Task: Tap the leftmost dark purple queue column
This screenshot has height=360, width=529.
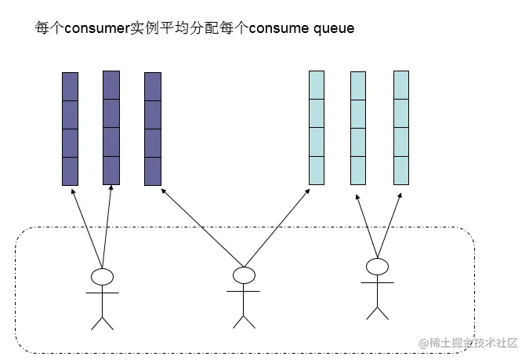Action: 71,129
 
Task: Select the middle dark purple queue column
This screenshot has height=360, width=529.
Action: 111,128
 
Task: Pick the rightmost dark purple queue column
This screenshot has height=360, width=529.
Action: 153,129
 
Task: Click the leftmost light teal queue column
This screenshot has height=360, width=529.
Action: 317,128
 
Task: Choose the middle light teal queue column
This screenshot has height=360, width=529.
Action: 358,128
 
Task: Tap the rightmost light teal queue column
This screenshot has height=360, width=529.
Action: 401,128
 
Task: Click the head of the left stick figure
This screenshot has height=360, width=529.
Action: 102,276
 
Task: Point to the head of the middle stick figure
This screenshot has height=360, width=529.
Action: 244,275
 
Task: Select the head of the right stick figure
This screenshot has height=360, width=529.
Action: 378,267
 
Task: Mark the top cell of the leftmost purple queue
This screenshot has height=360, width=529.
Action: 71,86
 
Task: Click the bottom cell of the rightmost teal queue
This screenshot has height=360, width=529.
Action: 401,170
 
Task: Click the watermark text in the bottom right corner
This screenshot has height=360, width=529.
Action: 469,343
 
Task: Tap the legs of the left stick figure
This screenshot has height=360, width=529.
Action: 102,318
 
